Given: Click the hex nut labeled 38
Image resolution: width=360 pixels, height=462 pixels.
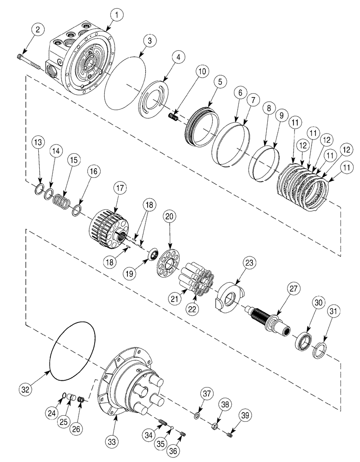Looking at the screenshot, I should coord(215,423).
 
